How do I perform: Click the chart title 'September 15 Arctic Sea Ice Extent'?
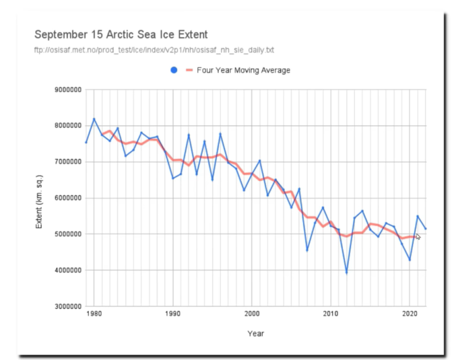click(x=121, y=35)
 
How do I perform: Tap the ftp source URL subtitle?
click(x=154, y=50)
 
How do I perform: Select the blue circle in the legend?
click(x=174, y=70)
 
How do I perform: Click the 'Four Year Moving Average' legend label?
click(x=243, y=71)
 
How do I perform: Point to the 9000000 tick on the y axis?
click(x=68, y=90)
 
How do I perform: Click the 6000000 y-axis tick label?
click(x=68, y=198)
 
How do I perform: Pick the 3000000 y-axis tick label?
click(x=68, y=306)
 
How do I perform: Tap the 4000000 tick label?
click(x=68, y=270)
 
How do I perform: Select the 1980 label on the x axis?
click(x=94, y=314)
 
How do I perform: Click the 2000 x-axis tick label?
click(x=252, y=314)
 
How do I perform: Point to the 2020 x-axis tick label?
click(x=410, y=314)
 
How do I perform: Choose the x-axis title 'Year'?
click(x=255, y=334)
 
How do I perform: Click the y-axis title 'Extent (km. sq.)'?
click(x=39, y=202)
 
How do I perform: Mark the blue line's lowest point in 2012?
click(x=347, y=272)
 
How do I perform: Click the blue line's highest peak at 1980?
click(x=94, y=119)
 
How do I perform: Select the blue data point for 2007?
click(x=307, y=250)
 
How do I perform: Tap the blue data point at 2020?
click(x=410, y=260)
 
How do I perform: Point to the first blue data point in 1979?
click(x=86, y=142)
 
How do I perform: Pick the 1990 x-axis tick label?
click(x=173, y=314)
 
